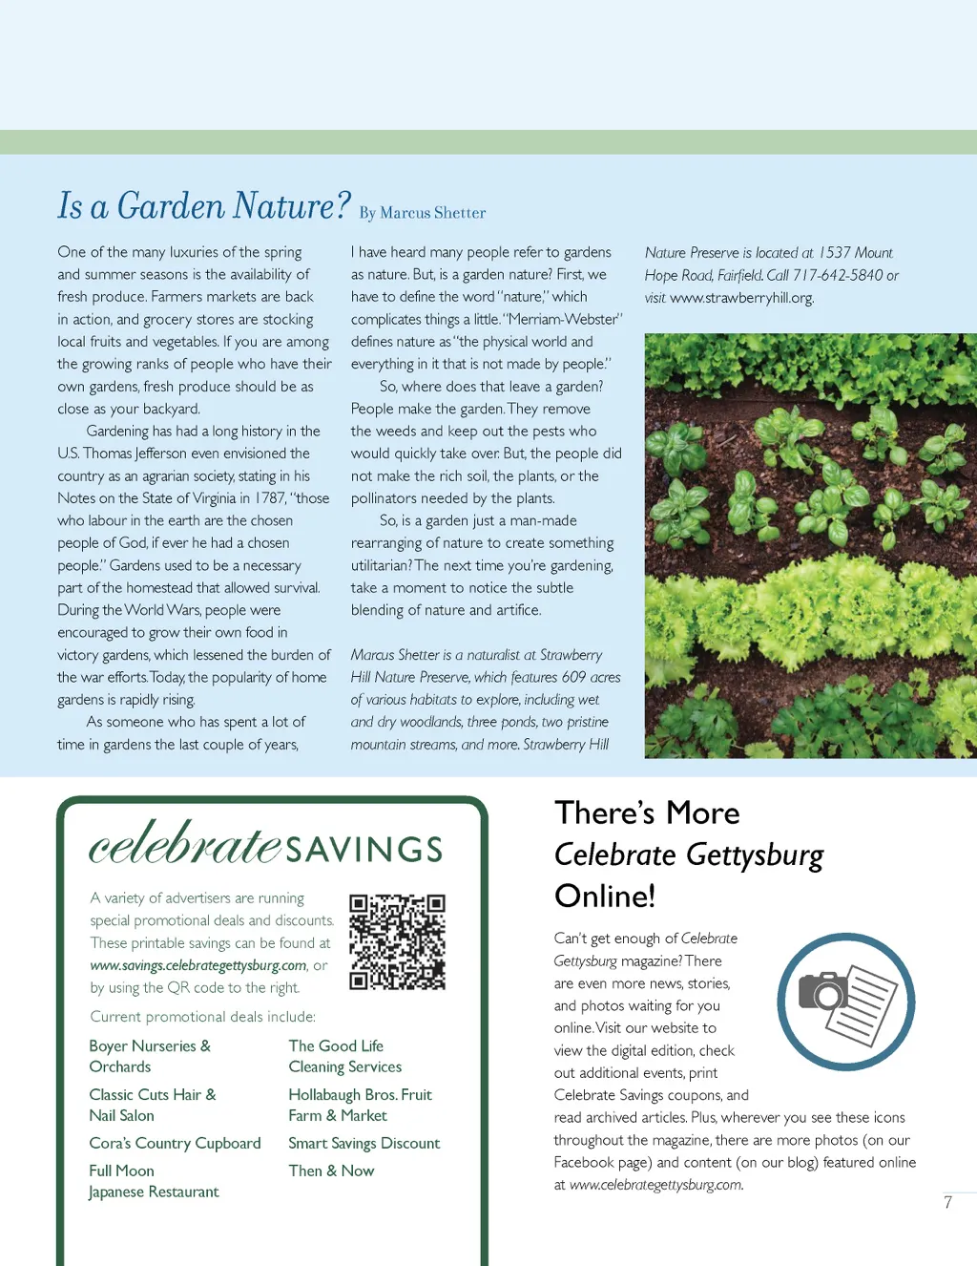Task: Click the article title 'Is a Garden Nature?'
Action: coord(204,206)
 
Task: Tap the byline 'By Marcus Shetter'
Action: coord(423,213)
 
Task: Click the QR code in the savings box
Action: coord(397,941)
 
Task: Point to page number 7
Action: coord(947,1203)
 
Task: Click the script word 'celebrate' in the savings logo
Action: coord(185,843)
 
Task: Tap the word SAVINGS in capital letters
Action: coord(364,849)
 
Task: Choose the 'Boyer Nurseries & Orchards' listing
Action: coord(150,1056)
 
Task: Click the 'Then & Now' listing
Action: coord(331,1171)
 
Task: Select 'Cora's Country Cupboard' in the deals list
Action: coord(175,1143)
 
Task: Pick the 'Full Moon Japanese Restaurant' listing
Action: coord(154,1181)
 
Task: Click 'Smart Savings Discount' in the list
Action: coord(364,1143)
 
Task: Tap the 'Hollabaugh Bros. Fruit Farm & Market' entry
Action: coord(360,1105)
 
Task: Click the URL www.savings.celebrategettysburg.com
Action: coord(198,965)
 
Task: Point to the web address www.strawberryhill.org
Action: coord(741,298)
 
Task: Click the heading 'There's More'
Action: coord(647,812)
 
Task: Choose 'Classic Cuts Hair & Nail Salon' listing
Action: coord(153,1105)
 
